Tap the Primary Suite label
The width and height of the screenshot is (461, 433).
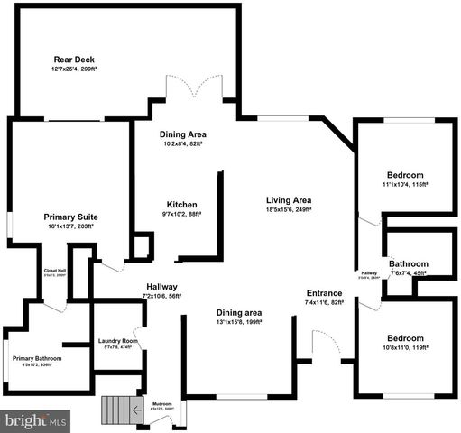(71, 217)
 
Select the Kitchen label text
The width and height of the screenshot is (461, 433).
(180, 204)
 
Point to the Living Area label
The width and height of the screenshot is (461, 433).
(289, 199)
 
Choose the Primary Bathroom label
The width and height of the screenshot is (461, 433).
(37, 358)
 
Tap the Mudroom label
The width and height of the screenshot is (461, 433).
(162, 403)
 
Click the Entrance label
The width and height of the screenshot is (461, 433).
(325, 293)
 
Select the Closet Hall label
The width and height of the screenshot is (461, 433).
(55, 271)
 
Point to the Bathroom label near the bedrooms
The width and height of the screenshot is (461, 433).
(409, 264)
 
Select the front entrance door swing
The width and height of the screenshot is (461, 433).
(326, 343)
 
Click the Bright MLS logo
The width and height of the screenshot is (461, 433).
(36, 420)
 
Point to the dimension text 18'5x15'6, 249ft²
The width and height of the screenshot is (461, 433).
(289, 210)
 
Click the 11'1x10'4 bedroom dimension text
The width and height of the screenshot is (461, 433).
(405, 185)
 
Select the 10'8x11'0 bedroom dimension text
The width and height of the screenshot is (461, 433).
(403, 348)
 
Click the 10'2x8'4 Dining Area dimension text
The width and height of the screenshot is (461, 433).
(183, 143)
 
